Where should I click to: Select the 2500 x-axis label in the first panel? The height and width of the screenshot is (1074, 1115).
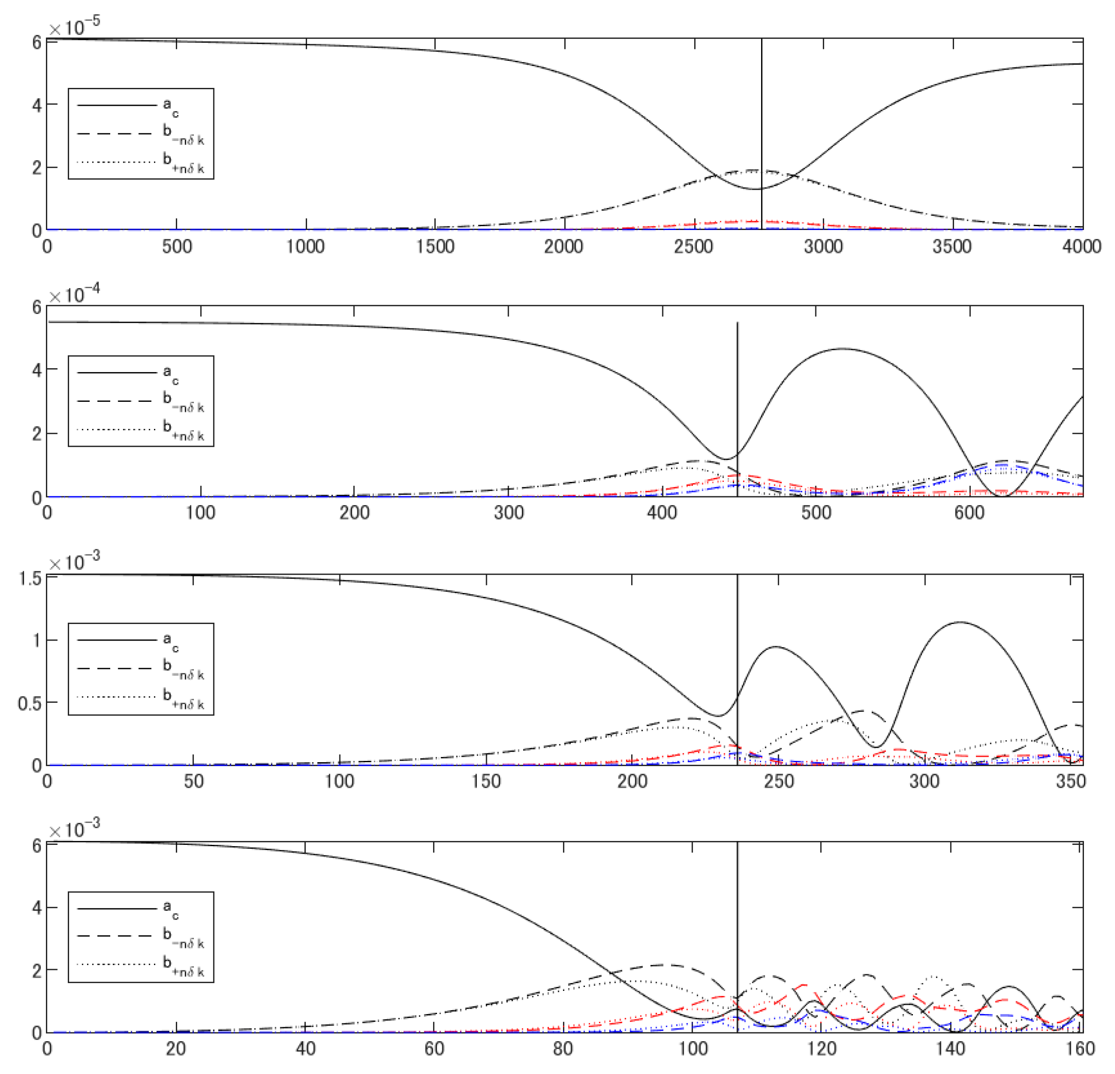pyautogui.click(x=693, y=246)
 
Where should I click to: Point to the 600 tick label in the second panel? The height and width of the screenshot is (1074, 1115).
pyautogui.click(x=969, y=513)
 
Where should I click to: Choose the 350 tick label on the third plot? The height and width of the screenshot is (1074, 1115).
pyautogui.click(x=1071, y=781)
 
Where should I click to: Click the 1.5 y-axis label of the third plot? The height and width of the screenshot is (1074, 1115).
pyautogui.click(x=30, y=579)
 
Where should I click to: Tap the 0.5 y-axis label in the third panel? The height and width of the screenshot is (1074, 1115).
pyautogui.click(x=30, y=704)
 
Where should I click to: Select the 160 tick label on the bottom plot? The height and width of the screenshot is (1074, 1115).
pyautogui.click(x=1080, y=1048)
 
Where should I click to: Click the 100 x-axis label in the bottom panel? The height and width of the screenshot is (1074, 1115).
pyautogui.click(x=692, y=1048)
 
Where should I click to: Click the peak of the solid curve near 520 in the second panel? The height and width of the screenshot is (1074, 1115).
pyautogui.click(x=843, y=349)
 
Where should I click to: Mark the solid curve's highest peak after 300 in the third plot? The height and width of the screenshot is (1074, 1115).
pyautogui.click(x=961, y=622)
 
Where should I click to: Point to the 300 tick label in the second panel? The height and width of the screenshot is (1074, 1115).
pyautogui.click(x=509, y=513)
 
